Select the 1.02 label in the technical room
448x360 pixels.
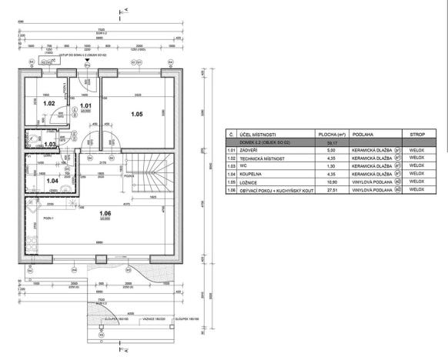click(48, 102)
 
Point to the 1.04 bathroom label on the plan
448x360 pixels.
click(50, 181)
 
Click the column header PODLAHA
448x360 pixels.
click(364, 135)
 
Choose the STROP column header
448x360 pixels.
click(418, 135)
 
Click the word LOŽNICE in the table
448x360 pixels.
click(249, 182)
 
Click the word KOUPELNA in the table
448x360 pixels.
click(251, 174)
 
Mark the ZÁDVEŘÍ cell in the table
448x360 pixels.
click(249, 151)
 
